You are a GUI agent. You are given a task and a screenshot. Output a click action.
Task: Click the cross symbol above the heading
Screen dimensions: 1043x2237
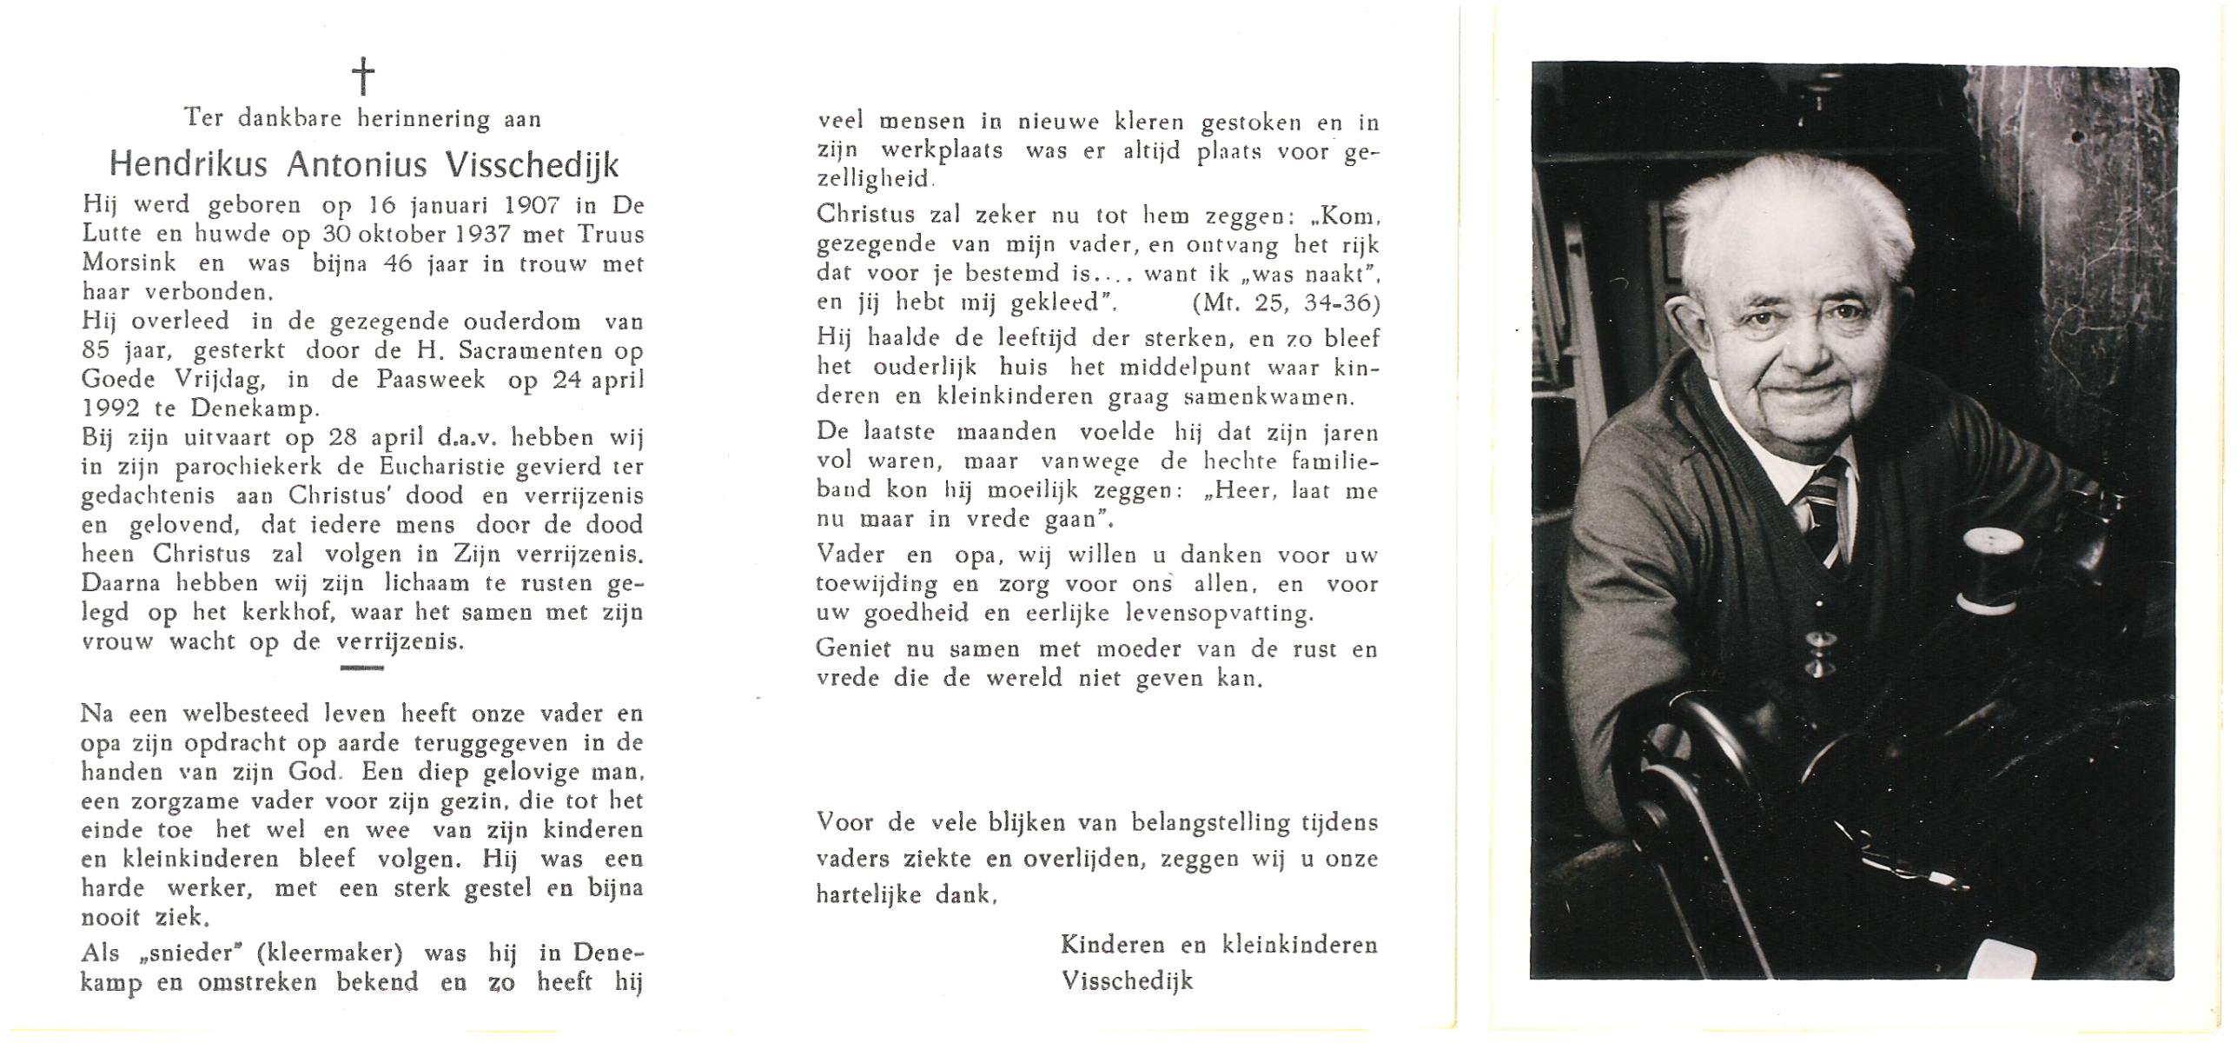coord(364,76)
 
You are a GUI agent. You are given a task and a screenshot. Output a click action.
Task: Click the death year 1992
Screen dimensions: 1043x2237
coord(109,409)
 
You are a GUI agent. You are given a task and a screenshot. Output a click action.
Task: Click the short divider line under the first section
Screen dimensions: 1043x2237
coord(362,668)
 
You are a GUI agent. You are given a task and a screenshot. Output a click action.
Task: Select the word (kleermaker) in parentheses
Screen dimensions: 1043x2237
coord(330,953)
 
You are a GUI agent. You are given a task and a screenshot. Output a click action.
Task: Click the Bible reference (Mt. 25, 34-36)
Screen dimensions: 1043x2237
coord(1286,304)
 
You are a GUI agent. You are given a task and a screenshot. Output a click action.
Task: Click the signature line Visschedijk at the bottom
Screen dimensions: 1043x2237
coord(1128,981)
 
